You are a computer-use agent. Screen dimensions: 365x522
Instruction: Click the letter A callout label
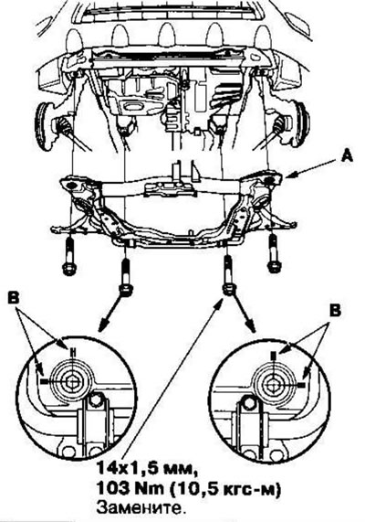click(347, 155)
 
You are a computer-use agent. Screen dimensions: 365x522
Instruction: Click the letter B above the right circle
click(335, 311)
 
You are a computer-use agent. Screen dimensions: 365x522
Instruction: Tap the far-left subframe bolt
click(68, 255)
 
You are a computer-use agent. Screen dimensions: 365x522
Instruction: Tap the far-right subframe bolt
click(274, 253)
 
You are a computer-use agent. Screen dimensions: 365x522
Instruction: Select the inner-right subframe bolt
click(228, 275)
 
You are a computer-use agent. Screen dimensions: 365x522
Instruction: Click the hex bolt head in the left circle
click(71, 382)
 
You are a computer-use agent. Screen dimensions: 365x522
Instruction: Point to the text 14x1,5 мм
click(145, 469)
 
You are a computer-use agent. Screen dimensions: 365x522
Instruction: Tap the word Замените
click(140, 508)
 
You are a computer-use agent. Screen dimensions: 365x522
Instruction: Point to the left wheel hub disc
click(44, 126)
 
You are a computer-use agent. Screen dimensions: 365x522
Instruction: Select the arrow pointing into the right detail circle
click(245, 313)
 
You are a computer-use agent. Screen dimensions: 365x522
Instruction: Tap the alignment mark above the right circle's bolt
click(273, 357)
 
